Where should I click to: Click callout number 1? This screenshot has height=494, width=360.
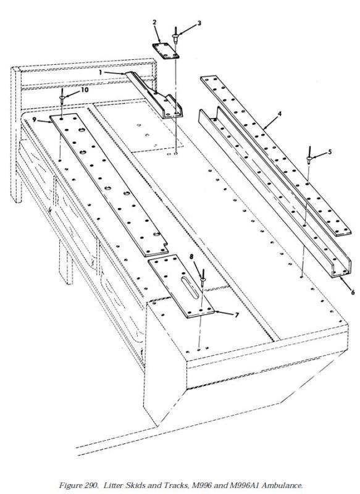101,72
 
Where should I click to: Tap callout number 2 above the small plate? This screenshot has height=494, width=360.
154,22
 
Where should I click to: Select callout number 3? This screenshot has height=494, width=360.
199,23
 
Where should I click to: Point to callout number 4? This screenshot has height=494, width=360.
280,114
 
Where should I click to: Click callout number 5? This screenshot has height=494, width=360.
330,152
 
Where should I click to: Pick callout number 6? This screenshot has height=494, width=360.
353,292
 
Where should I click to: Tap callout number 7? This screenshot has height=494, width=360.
237,314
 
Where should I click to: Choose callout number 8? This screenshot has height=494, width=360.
191,257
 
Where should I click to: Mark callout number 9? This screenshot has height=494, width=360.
35,120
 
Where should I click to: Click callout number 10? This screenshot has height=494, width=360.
85,90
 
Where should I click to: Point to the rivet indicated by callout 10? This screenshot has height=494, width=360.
62,96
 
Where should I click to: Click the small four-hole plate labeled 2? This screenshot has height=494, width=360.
166,51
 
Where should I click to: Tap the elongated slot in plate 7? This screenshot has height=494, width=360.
191,288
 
